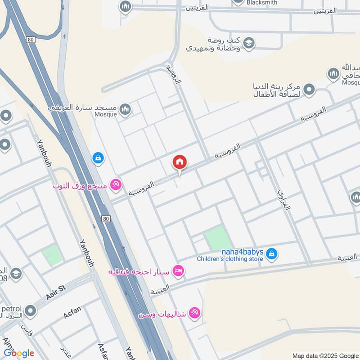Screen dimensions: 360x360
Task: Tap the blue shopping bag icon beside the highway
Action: pos(98,157)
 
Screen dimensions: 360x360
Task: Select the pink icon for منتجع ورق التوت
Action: pos(116,184)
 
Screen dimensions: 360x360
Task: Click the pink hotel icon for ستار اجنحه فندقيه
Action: pos(178,271)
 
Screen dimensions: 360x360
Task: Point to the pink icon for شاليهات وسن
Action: pos(194,313)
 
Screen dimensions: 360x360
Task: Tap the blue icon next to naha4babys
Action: pos(271,254)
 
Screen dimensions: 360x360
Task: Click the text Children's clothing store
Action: pos(229,259)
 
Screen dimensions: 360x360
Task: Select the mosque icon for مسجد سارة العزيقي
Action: pos(125,108)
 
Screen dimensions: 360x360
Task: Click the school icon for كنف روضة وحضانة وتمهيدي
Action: pos(248,43)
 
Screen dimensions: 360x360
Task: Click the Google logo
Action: pos(19,353)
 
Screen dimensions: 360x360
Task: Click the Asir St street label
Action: pos(56,292)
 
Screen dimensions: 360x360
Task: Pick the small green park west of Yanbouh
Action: pos(52,255)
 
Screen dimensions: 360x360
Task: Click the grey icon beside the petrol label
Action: pos(31,310)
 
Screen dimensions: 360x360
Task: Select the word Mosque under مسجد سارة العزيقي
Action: pos(106,114)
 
